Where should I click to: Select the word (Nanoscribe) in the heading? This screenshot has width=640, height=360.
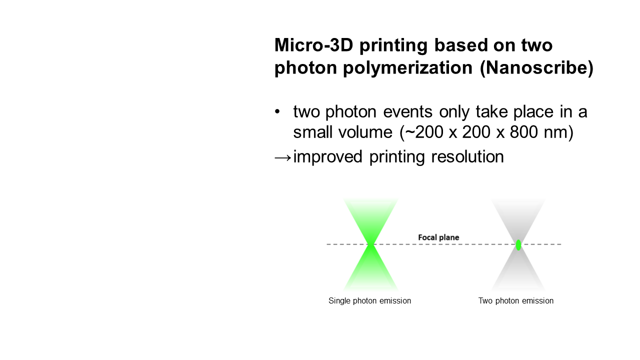(537, 68)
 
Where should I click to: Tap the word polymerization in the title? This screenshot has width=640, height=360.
(407, 68)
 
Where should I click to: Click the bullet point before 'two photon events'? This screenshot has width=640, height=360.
(277, 111)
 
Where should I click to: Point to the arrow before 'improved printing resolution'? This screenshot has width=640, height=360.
(283, 157)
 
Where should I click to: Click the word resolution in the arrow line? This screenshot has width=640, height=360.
(467, 157)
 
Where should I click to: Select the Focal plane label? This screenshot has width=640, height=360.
(438, 237)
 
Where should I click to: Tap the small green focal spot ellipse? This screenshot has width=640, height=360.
(518, 245)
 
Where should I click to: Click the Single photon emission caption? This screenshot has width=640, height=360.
(369, 301)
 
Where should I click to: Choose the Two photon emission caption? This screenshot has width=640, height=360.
(516, 301)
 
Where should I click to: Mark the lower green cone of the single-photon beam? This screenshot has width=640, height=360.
(370, 268)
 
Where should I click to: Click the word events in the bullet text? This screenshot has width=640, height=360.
(407, 111)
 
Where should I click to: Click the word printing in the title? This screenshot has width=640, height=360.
(393, 45)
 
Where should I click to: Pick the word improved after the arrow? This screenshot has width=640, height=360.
(327, 157)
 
